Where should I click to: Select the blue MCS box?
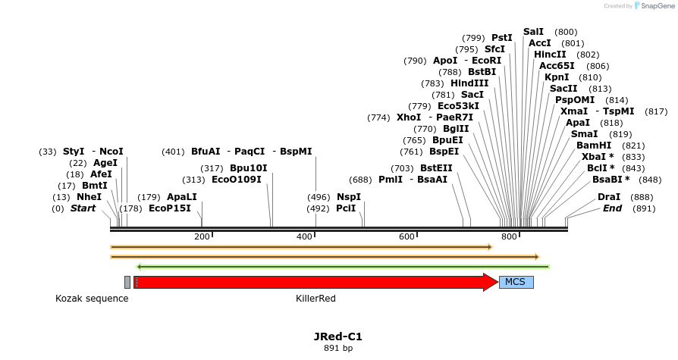tap(516, 283)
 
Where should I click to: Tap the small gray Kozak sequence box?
tap(127, 283)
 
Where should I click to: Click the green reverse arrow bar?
tap(342, 266)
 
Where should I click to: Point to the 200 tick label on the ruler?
tap(202, 237)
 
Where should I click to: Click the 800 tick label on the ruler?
tap(509, 237)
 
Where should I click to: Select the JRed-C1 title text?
tap(338, 337)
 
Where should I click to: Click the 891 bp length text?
tap(338, 349)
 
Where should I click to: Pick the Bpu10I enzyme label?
tap(249, 168)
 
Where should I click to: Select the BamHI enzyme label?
tap(593, 145)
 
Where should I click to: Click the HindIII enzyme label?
tap(469, 83)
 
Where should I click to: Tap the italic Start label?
tap(83, 208)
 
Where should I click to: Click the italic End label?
tap(613, 208)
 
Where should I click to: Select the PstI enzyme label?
tap(502, 38)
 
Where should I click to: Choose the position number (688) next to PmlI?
tap(360, 180)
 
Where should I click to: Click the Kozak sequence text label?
tap(92, 299)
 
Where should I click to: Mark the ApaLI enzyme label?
tap(182, 196)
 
